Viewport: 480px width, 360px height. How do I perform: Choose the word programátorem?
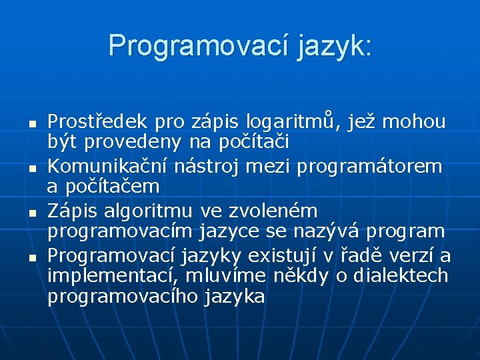(x=369, y=166)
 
